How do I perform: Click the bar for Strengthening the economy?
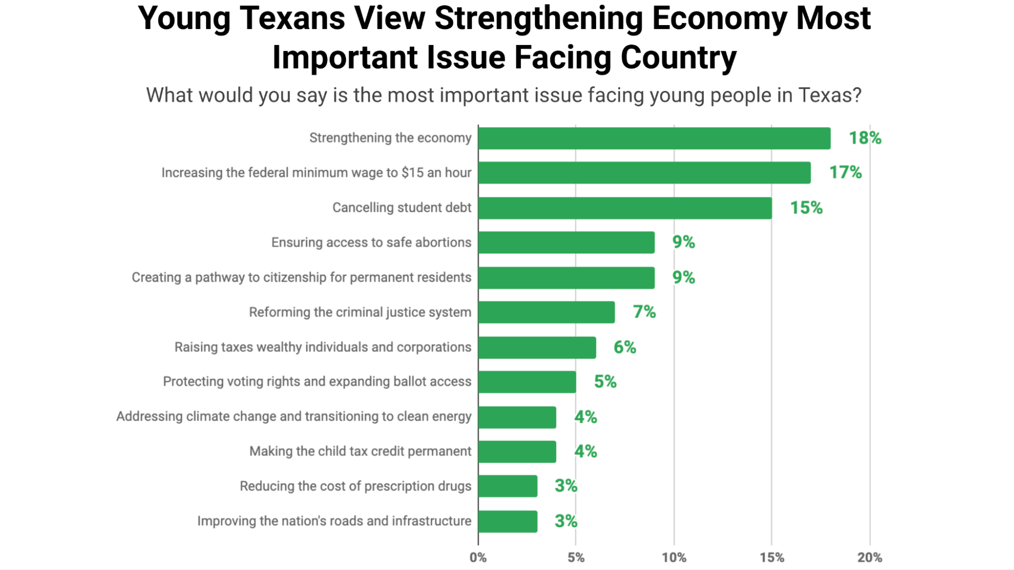(x=654, y=138)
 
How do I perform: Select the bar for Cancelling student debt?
(x=625, y=208)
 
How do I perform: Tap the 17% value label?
(x=845, y=173)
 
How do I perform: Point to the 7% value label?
(x=644, y=312)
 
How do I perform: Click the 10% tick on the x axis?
(x=674, y=558)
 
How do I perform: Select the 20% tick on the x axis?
(x=870, y=558)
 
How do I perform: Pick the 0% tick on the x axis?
(x=478, y=558)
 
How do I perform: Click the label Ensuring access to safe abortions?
(x=371, y=243)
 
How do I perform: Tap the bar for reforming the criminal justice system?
(x=547, y=312)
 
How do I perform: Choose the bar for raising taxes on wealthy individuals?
(x=537, y=347)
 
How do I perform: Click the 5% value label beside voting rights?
(x=605, y=382)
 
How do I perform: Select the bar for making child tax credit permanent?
(x=517, y=452)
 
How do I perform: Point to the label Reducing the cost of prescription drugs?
(x=355, y=486)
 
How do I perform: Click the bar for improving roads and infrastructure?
(x=508, y=521)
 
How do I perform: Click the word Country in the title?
(x=678, y=57)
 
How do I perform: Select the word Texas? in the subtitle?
(x=830, y=96)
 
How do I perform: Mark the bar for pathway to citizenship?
(x=566, y=278)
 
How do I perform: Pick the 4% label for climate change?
(x=585, y=417)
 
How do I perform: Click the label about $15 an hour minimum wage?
(x=316, y=173)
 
